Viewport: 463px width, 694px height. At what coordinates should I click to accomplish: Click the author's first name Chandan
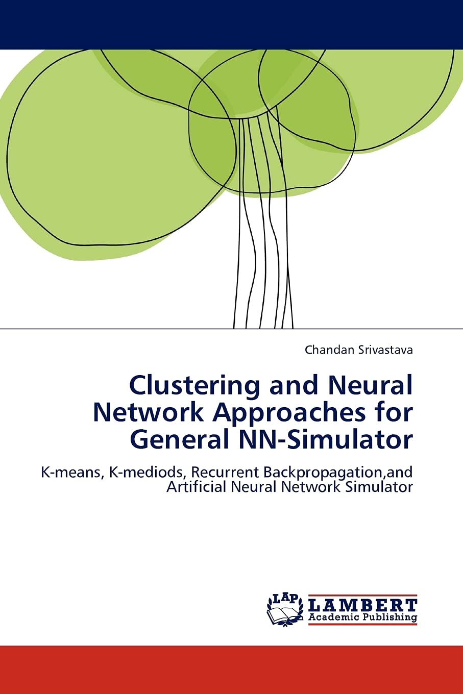(327, 350)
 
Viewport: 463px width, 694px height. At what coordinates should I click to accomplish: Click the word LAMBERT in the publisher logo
(363, 605)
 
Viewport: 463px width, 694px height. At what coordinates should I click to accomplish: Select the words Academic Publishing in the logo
(363, 617)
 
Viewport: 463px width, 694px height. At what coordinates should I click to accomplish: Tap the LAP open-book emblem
(285, 610)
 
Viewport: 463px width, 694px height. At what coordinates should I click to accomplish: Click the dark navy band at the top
(231, 24)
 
